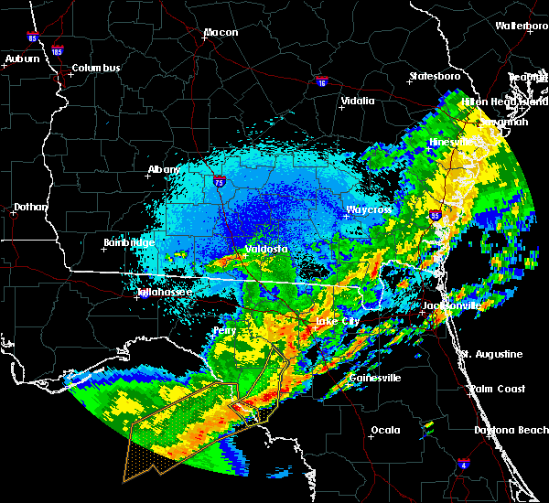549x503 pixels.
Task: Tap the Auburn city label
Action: pos(22,59)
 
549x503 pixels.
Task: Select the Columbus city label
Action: pos(96,69)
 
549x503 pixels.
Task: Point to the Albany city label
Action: pos(164,170)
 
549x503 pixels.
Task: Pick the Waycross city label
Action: pos(369,210)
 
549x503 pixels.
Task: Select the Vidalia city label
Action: pos(357,102)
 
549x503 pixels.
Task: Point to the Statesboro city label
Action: pos(436,76)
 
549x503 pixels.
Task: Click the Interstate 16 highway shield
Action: pos(322,83)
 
